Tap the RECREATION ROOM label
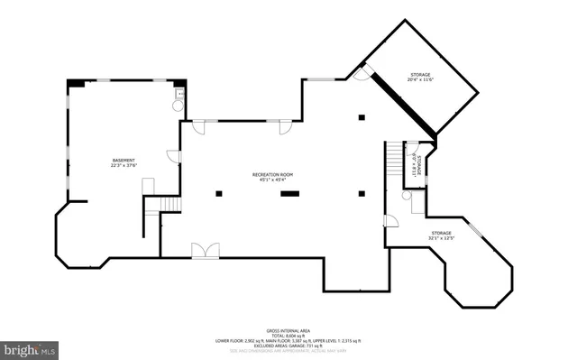pyautogui.click(x=272, y=173)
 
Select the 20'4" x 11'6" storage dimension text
pyautogui.click(x=420, y=80)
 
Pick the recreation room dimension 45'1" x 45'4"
pyautogui.click(x=272, y=180)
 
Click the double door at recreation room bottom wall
pyautogui.click(x=204, y=250)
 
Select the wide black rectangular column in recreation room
pyautogui.click(x=289, y=192)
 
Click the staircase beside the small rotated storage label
pyautogui.click(x=393, y=162)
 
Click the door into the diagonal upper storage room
pyautogui.click(x=362, y=74)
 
